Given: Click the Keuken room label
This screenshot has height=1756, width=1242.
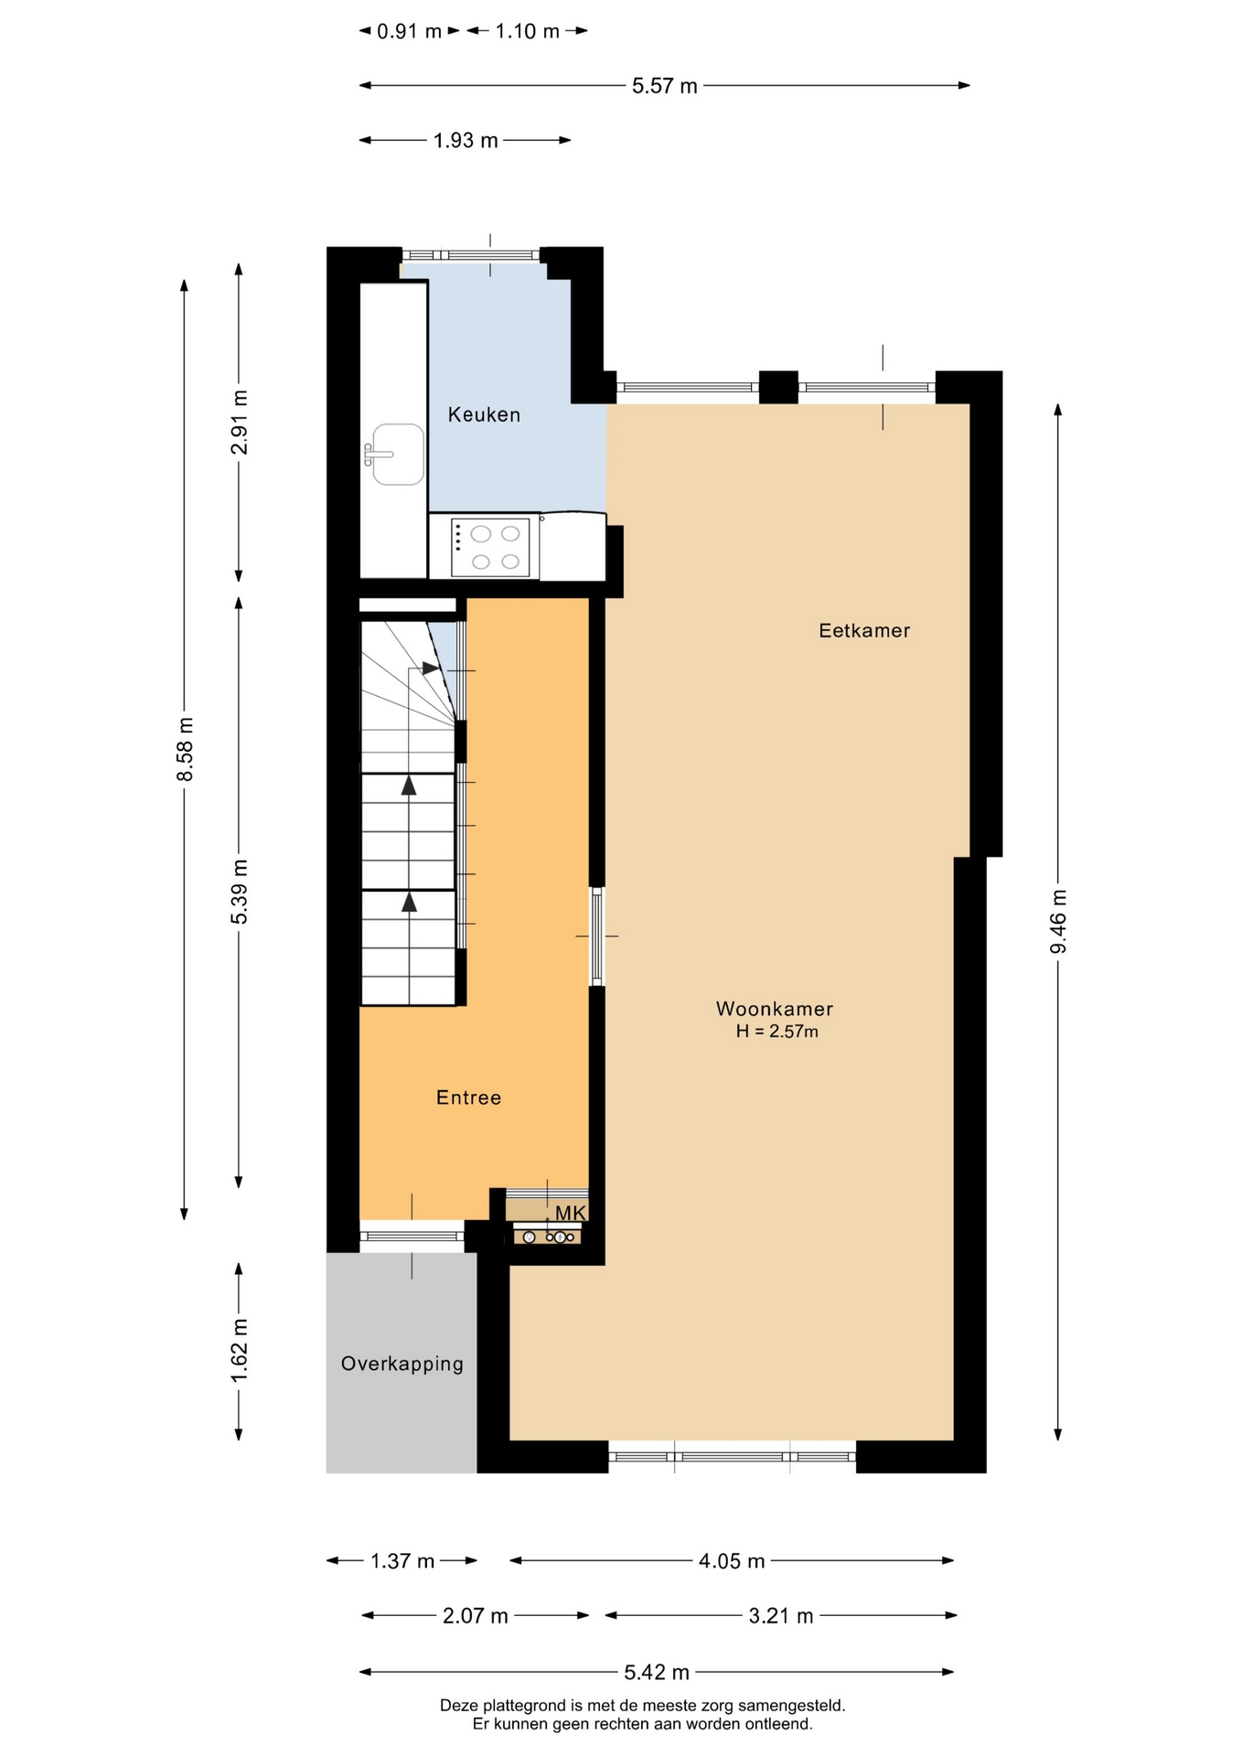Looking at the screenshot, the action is click(x=484, y=414).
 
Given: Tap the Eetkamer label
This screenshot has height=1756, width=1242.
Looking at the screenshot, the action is click(x=864, y=630).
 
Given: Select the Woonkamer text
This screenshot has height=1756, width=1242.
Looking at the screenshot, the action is click(x=775, y=1009).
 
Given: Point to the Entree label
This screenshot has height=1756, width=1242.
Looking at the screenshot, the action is click(x=468, y=1097).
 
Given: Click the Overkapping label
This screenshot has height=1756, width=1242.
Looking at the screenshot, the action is click(x=402, y=1364).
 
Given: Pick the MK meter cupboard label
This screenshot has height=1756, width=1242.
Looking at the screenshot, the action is click(x=571, y=1213).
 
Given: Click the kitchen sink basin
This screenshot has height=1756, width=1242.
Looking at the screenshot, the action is click(x=397, y=454).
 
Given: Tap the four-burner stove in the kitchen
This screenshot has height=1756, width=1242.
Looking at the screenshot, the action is click(x=490, y=548).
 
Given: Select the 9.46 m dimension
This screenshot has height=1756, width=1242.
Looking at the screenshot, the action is click(x=1058, y=921).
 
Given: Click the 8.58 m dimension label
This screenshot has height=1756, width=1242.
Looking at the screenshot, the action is click(x=185, y=749).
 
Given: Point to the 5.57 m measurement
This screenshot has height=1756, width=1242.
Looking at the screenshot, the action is click(x=665, y=86).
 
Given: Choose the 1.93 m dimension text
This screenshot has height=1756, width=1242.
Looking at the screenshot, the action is click(x=466, y=141).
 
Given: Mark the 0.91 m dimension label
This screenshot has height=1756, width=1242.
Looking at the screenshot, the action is click(x=410, y=31).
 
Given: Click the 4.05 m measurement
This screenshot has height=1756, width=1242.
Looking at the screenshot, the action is click(x=732, y=1561).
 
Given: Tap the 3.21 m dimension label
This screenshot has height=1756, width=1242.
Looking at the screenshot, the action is click(x=781, y=1616).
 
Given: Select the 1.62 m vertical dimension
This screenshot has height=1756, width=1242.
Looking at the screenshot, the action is click(x=239, y=1351).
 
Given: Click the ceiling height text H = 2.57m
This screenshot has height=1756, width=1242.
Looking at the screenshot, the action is click(x=777, y=1032).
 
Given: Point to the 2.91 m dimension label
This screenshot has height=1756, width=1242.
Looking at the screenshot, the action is click(x=239, y=422).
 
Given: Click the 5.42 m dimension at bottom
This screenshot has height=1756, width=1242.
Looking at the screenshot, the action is click(x=657, y=1673).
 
